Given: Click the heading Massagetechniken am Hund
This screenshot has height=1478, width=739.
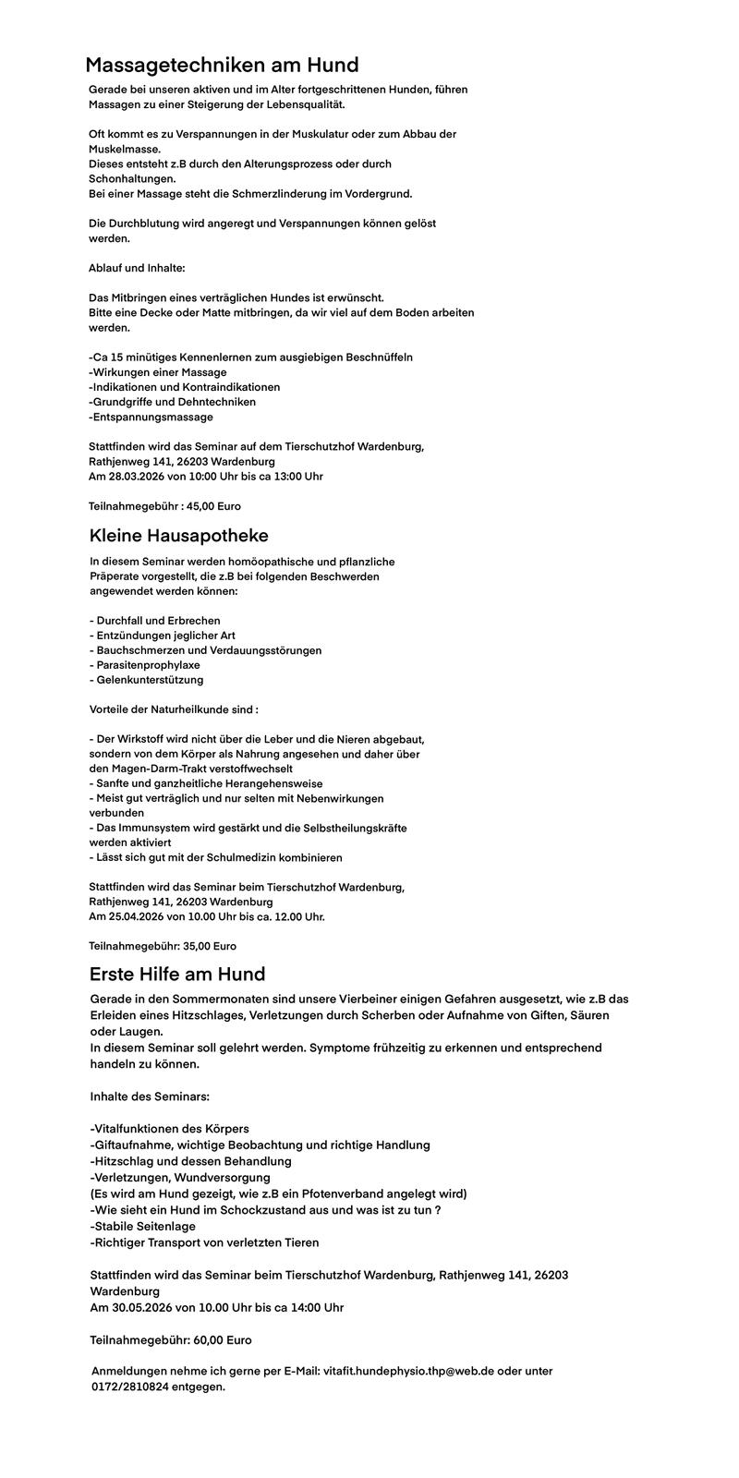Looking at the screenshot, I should (x=222, y=66).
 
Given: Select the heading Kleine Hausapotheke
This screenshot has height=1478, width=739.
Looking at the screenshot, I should (x=179, y=536).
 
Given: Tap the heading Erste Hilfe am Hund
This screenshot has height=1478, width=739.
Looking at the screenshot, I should (x=177, y=974).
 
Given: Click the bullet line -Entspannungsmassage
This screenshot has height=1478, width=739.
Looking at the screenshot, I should (x=151, y=417).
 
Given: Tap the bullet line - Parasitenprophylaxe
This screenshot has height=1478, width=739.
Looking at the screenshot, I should (x=145, y=665).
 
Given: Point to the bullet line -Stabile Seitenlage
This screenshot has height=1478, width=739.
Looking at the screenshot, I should (x=143, y=1226).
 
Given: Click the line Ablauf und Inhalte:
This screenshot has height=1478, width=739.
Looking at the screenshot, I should (x=137, y=268).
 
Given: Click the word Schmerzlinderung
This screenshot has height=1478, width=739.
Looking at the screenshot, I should (x=250, y=194).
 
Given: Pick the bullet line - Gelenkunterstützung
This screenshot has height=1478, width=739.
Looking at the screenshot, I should (x=146, y=680).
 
